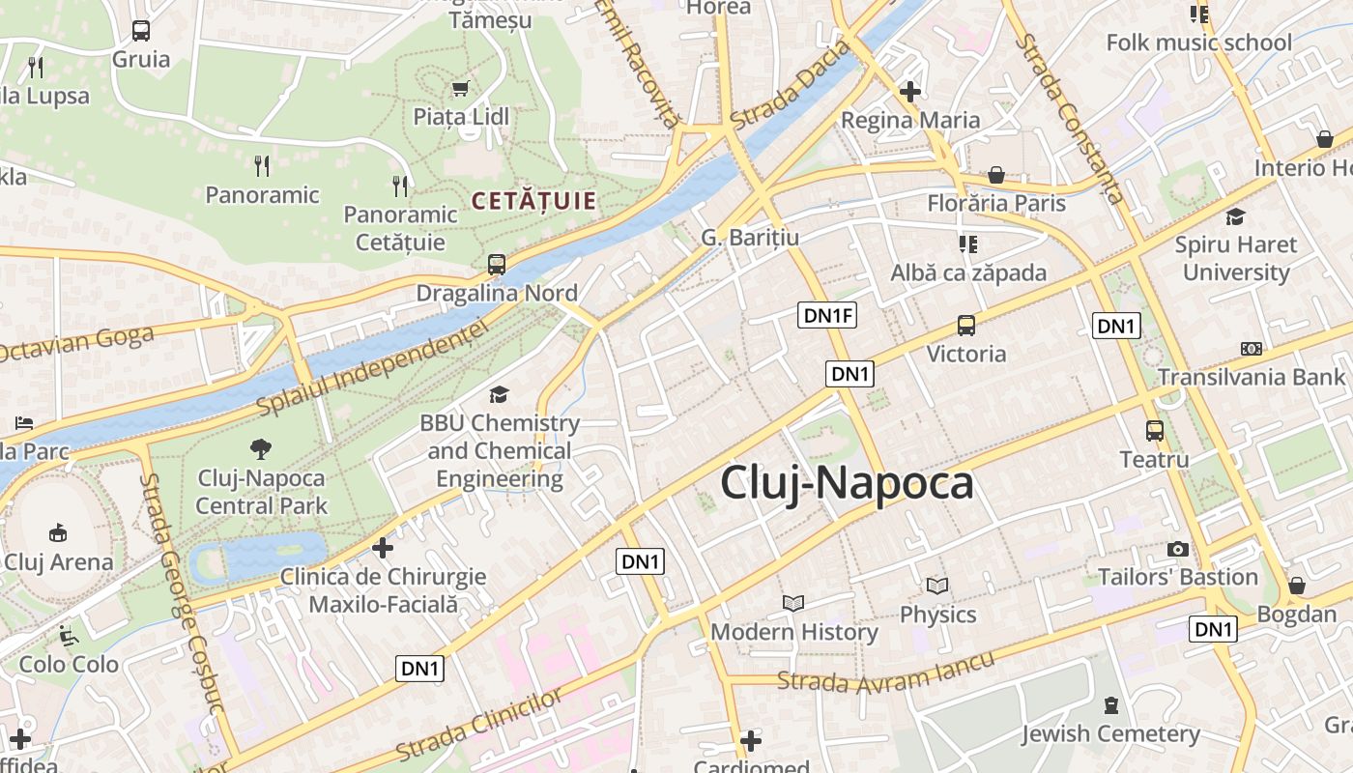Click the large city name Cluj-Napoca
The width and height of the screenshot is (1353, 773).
[x=847, y=483]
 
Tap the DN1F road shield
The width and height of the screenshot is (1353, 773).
[x=828, y=314]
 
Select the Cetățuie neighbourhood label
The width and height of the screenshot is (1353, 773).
[x=533, y=201]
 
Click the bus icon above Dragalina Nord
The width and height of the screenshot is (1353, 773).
[x=497, y=264]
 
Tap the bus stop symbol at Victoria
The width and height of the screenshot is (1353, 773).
[x=966, y=326]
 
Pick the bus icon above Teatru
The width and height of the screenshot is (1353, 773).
[x=1155, y=431]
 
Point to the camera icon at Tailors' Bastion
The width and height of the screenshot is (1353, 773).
[x=1178, y=549]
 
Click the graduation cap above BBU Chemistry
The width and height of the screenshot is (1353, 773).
[x=499, y=394]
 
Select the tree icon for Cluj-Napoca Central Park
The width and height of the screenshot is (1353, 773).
[x=261, y=448]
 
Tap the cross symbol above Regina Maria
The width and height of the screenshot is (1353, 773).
[x=909, y=92]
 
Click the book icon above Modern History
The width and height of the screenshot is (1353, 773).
[x=793, y=603]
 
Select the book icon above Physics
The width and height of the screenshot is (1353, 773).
[x=937, y=586]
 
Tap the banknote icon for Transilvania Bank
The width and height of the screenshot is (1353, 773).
[x=1252, y=349]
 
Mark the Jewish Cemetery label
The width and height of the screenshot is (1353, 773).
[x=1110, y=733]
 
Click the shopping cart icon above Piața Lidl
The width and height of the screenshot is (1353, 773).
[x=460, y=88]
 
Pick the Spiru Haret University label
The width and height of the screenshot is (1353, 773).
[x=1236, y=258]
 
